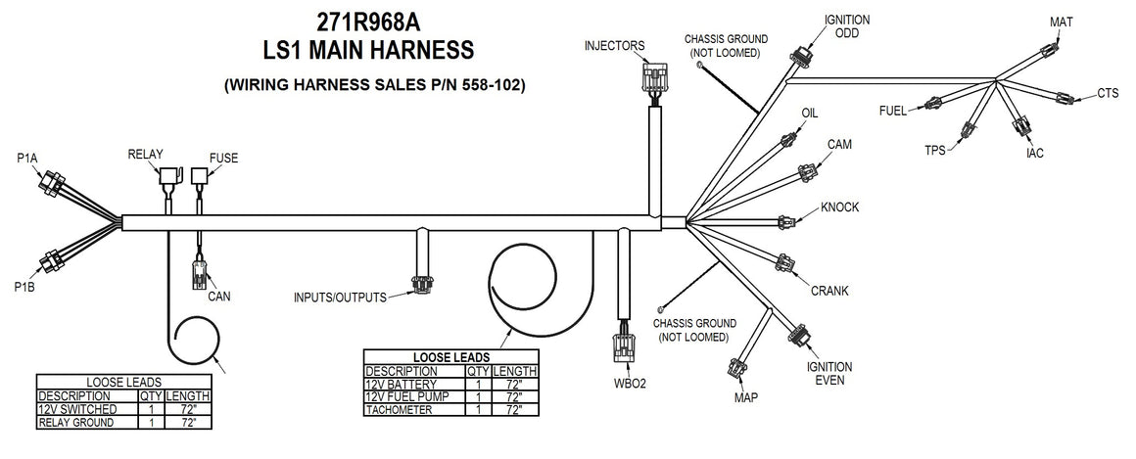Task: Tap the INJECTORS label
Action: coord(614,46)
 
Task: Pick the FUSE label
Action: coord(223,157)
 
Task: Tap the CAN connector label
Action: coord(218,295)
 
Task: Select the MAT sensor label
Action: coord(1062,22)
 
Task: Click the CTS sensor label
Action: coord(1108,94)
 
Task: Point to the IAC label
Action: coord(1035,154)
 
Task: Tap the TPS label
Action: coord(937,150)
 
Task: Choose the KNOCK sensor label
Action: coord(839,207)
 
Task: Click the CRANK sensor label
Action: coord(828,291)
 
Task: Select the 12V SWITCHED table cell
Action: coord(77,408)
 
